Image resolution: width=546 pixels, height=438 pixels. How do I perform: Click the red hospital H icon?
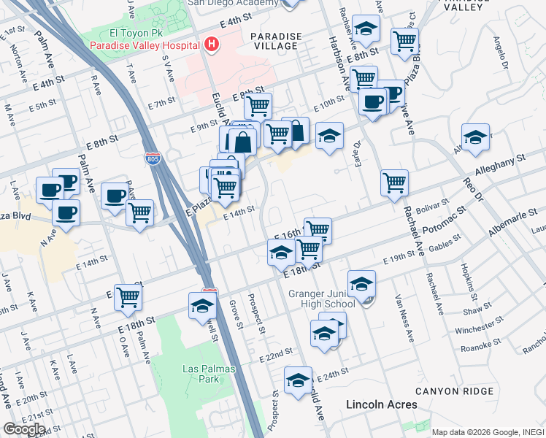pos(212,45)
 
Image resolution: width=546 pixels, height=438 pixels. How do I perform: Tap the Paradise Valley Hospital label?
pos(146,45)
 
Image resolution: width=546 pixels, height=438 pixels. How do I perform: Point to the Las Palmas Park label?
pos(209,374)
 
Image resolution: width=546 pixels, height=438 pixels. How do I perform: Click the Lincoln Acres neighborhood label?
pos(381,404)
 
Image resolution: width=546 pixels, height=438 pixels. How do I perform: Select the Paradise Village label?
pos(275,41)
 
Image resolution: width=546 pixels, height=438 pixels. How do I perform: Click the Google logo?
pos(24,429)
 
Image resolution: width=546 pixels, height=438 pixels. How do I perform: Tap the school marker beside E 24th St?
pos(298,380)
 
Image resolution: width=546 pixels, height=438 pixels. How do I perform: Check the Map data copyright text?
pos(488,431)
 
